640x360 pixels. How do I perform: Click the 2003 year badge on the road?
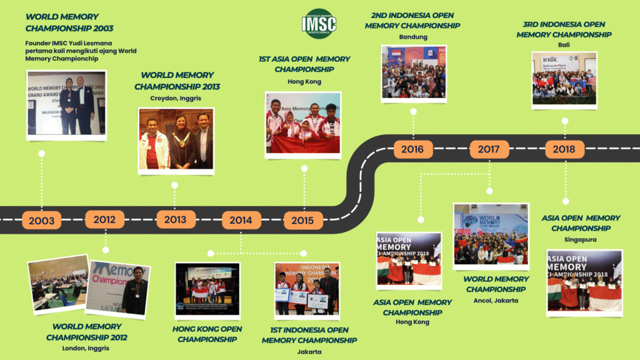(41, 221)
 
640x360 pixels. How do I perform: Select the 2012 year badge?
(104, 219)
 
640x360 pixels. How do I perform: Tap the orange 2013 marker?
(176, 219)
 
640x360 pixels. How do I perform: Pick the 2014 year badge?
(241, 220)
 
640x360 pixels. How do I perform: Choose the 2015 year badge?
(303, 220)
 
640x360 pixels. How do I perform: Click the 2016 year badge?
(412, 149)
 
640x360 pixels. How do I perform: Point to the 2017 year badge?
(489, 149)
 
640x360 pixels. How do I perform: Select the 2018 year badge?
(564, 149)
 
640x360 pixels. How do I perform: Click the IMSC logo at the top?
(319, 24)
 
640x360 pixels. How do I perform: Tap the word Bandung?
(412, 37)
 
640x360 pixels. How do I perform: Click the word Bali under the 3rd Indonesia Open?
(564, 46)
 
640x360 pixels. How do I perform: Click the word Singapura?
(581, 239)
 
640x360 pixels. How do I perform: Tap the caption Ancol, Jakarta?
(496, 300)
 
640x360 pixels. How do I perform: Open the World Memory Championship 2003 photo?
(66, 103)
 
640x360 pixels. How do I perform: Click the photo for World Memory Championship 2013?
(176, 141)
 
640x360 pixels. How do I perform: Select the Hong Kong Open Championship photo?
(207, 289)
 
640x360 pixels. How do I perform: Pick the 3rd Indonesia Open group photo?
(564, 78)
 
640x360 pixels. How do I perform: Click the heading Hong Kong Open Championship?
(207, 334)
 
